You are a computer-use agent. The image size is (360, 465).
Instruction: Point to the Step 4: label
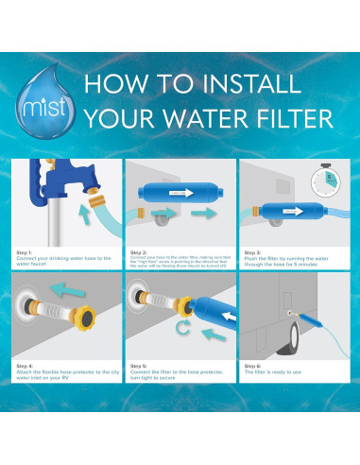click(x=26, y=365)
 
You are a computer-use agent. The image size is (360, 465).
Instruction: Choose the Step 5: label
click(x=139, y=365)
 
